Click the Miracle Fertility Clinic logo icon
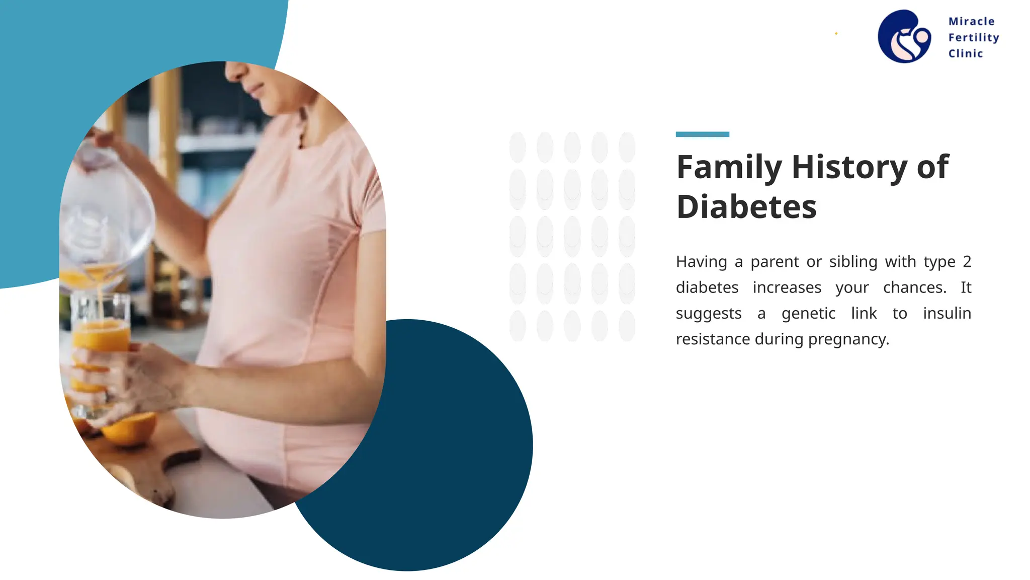pos(904,36)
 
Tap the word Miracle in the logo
pos(971,22)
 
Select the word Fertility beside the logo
pos(973,38)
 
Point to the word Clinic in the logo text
pos(965,54)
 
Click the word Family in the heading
pos(729,167)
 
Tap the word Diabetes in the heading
pos(746,207)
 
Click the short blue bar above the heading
pos(702,134)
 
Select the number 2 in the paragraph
pos(967,262)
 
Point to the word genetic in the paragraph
pos(808,314)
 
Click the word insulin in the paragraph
pos(947,314)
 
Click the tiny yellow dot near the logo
pos(836,34)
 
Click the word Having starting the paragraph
pos(701,262)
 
